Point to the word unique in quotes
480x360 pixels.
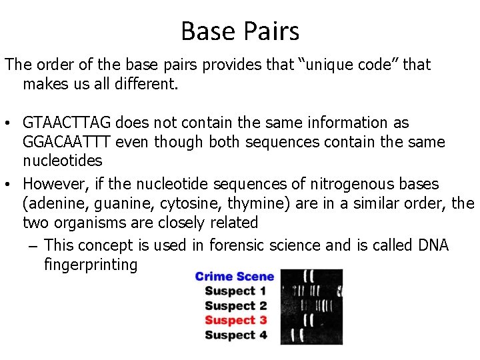tap(336, 65)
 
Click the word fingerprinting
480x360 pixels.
tap(91, 265)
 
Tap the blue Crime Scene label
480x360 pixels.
tap(234, 277)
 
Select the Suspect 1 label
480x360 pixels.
tap(235, 291)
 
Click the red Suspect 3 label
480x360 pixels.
tap(235, 321)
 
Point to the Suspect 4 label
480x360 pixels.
tap(235, 335)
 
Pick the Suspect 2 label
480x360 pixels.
tap(235, 306)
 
